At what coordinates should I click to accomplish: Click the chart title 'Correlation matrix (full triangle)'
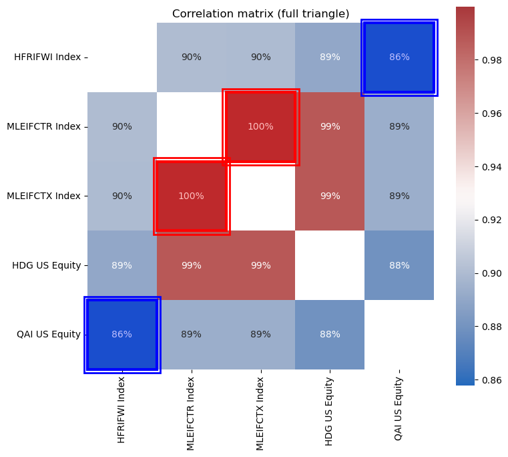click(260, 14)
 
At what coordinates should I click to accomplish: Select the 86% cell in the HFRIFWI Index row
click(399, 57)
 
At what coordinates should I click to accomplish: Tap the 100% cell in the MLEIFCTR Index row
click(260, 127)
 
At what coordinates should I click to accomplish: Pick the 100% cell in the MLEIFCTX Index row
click(192, 196)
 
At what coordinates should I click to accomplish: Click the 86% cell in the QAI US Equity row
click(122, 335)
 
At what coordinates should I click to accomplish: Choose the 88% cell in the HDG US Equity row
click(399, 265)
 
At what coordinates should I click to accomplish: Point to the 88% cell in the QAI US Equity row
click(330, 335)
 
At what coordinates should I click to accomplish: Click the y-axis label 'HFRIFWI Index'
click(47, 57)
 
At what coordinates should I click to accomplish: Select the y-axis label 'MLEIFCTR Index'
click(43, 127)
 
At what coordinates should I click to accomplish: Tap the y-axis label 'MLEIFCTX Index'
click(43, 196)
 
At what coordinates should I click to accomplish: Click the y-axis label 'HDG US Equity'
click(46, 265)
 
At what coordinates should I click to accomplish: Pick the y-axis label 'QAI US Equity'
click(48, 335)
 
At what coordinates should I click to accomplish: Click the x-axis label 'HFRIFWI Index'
click(121, 409)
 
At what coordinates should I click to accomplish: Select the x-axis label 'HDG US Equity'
click(329, 409)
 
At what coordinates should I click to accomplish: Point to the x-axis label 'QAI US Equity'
click(399, 408)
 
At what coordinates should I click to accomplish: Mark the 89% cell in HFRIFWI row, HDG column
click(330, 57)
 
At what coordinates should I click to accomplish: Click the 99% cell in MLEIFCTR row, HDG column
click(330, 127)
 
